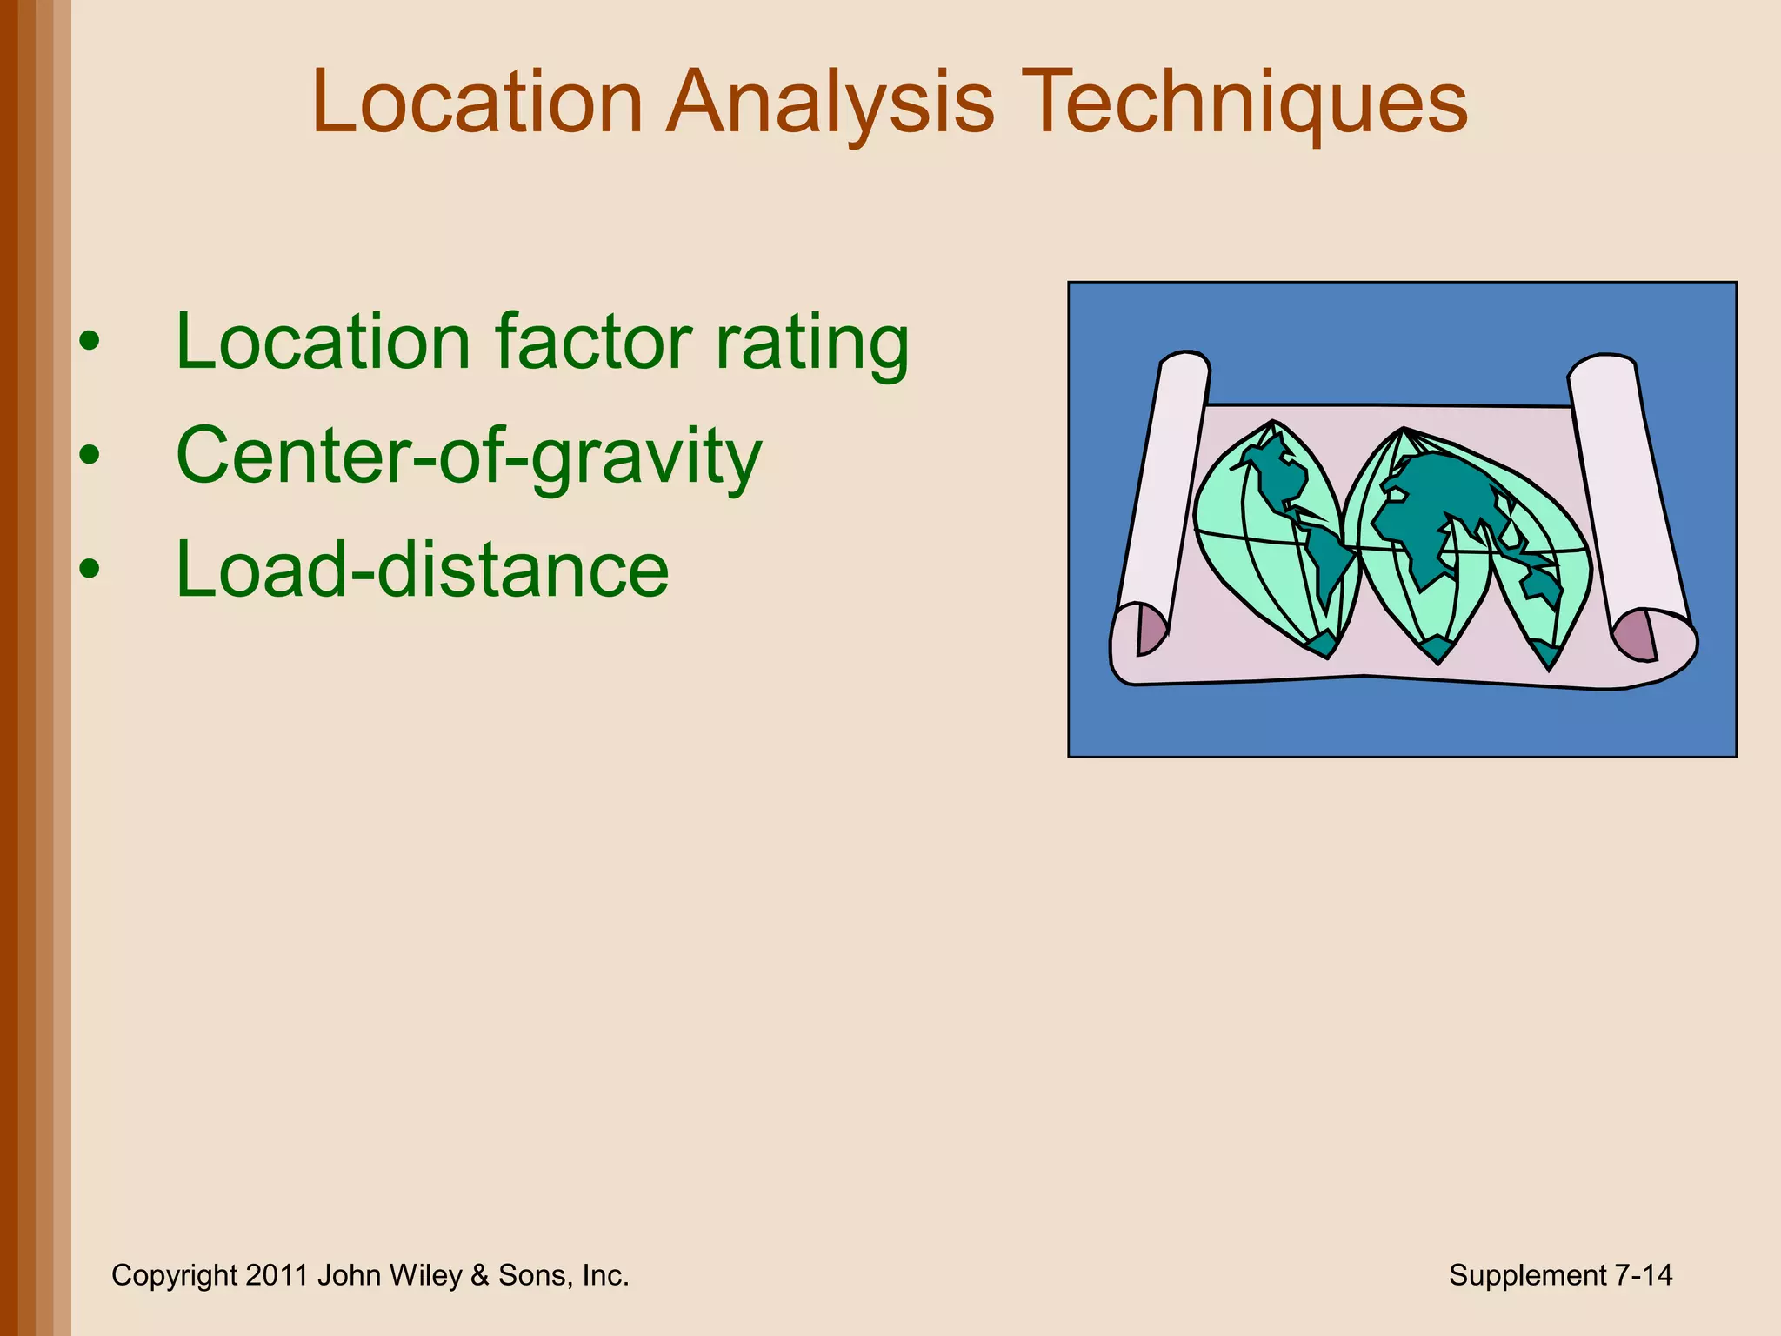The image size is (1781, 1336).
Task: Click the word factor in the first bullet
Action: (592, 342)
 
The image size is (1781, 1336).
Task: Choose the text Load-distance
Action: (423, 570)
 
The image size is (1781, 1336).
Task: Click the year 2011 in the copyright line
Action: (277, 1275)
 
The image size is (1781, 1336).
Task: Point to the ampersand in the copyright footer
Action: (479, 1275)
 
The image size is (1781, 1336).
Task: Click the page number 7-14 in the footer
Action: (1643, 1275)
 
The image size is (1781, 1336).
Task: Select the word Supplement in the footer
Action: (1527, 1275)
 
